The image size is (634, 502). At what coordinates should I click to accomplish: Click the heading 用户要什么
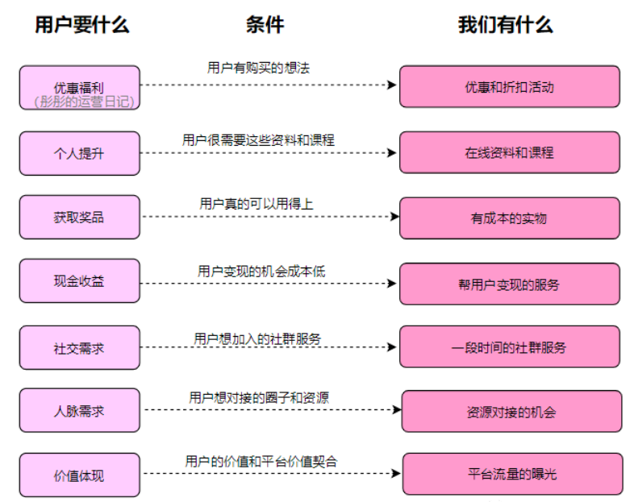[81, 25]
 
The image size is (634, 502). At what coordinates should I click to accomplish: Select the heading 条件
[265, 25]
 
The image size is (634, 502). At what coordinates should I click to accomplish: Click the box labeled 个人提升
[79, 153]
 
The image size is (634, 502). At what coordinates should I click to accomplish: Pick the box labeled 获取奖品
[79, 218]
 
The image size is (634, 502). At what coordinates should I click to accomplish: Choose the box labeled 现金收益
[79, 282]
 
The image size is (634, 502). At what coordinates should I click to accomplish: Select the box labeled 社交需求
[79, 348]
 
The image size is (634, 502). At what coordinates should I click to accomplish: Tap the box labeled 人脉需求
[79, 411]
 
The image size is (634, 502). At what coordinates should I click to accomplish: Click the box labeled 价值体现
[79, 475]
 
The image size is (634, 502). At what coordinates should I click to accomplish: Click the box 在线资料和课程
[510, 152]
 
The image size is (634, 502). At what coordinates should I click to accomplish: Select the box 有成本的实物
[510, 218]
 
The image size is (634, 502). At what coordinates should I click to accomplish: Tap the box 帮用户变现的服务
[510, 284]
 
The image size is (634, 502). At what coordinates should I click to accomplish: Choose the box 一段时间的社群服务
[510, 347]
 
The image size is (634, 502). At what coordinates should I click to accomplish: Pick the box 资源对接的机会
[511, 412]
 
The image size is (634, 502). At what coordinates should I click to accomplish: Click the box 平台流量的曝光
[512, 474]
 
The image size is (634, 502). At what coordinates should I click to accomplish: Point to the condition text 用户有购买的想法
[258, 68]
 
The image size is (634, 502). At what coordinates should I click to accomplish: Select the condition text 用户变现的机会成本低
[261, 272]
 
